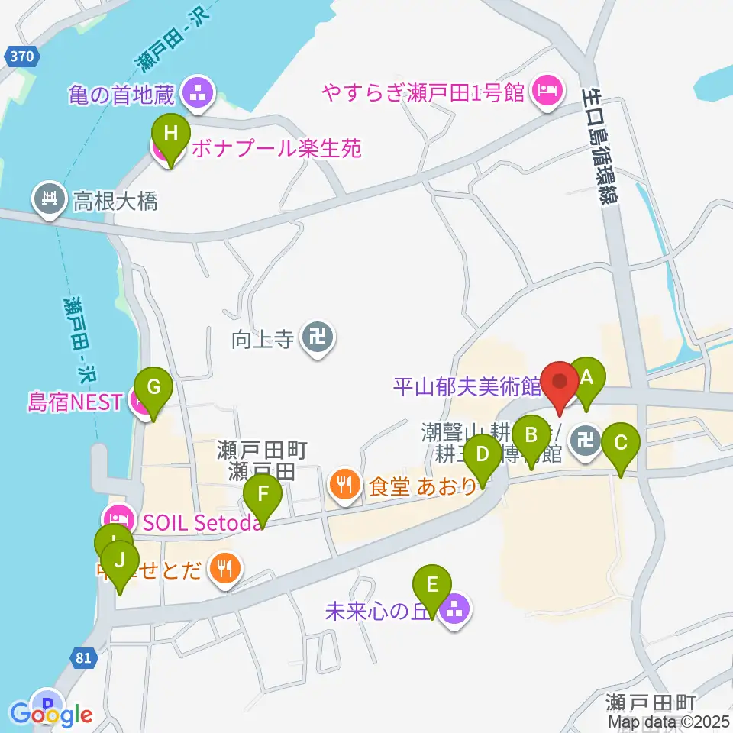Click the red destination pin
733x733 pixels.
[561, 382]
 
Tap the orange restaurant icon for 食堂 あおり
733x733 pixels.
[345, 483]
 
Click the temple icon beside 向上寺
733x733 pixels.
[314, 337]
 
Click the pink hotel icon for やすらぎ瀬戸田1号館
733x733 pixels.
[546, 91]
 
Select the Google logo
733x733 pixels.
[51, 714]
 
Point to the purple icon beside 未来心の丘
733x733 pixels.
[456, 610]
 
